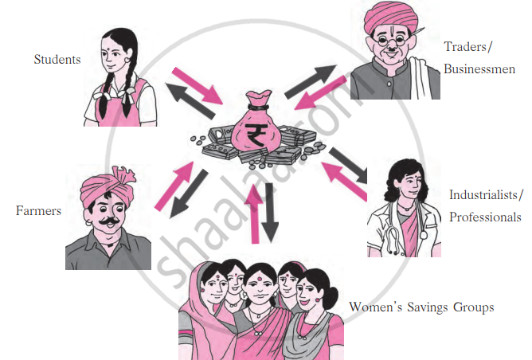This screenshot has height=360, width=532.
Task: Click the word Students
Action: click(x=57, y=60)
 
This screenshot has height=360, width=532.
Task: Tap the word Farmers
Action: click(x=38, y=211)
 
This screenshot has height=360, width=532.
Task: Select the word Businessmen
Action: click(x=479, y=69)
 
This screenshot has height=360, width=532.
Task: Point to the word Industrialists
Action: click(x=483, y=195)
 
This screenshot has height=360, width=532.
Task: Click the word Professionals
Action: click(x=485, y=217)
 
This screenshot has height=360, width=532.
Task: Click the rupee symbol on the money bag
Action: click(x=256, y=135)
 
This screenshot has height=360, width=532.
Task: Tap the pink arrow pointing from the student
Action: click(x=198, y=85)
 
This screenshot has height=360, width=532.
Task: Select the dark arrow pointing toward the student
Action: click(x=190, y=101)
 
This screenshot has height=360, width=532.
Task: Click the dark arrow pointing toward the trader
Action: click(x=311, y=81)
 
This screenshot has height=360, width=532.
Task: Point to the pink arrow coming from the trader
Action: click(x=321, y=93)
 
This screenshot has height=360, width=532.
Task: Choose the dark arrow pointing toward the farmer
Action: click(x=189, y=194)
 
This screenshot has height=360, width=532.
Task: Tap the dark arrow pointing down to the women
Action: click(x=270, y=213)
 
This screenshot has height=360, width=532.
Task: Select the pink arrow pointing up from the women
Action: click(x=254, y=213)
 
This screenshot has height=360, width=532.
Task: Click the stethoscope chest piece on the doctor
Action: click(x=424, y=234)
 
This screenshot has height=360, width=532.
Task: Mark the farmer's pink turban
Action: click(x=108, y=186)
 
